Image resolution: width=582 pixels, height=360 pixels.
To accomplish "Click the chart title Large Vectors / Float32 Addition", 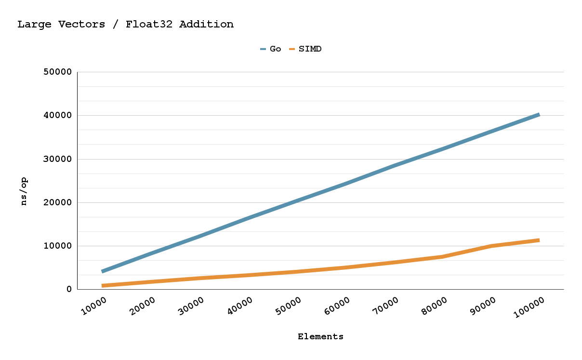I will coord(125,24).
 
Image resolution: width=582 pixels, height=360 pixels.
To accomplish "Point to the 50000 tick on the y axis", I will coord(58,72).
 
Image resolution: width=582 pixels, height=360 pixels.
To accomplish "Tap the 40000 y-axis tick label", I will coord(58,116).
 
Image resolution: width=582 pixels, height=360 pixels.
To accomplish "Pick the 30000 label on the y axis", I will coord(58,159).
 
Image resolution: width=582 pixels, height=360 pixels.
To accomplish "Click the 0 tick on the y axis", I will coord(69,289).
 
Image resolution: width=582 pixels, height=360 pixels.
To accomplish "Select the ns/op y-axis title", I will coord(24,191).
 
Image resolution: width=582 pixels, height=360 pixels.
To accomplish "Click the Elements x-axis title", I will coord(320,336).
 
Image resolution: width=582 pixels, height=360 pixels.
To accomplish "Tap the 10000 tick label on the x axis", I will coord(94,307).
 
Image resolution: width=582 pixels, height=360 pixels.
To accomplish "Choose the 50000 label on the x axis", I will coord(288,307).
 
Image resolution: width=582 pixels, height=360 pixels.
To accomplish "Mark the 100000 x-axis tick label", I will coord(529,307).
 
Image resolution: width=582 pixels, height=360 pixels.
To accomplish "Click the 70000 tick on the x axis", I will coord(385,307).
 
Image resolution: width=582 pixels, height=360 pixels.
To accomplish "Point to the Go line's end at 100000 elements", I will coord(539,115).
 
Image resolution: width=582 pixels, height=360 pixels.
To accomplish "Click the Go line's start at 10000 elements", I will coord(102,271).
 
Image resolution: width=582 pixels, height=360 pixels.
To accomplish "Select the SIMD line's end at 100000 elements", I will coord(539,240).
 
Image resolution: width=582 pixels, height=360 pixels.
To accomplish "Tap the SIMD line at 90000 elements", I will coord(491,246).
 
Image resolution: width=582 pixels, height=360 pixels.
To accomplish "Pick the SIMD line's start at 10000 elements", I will coord(102,286).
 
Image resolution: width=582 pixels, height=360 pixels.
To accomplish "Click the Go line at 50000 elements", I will coord(296,199).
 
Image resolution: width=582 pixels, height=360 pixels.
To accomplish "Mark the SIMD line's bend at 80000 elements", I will coord(442,256).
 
